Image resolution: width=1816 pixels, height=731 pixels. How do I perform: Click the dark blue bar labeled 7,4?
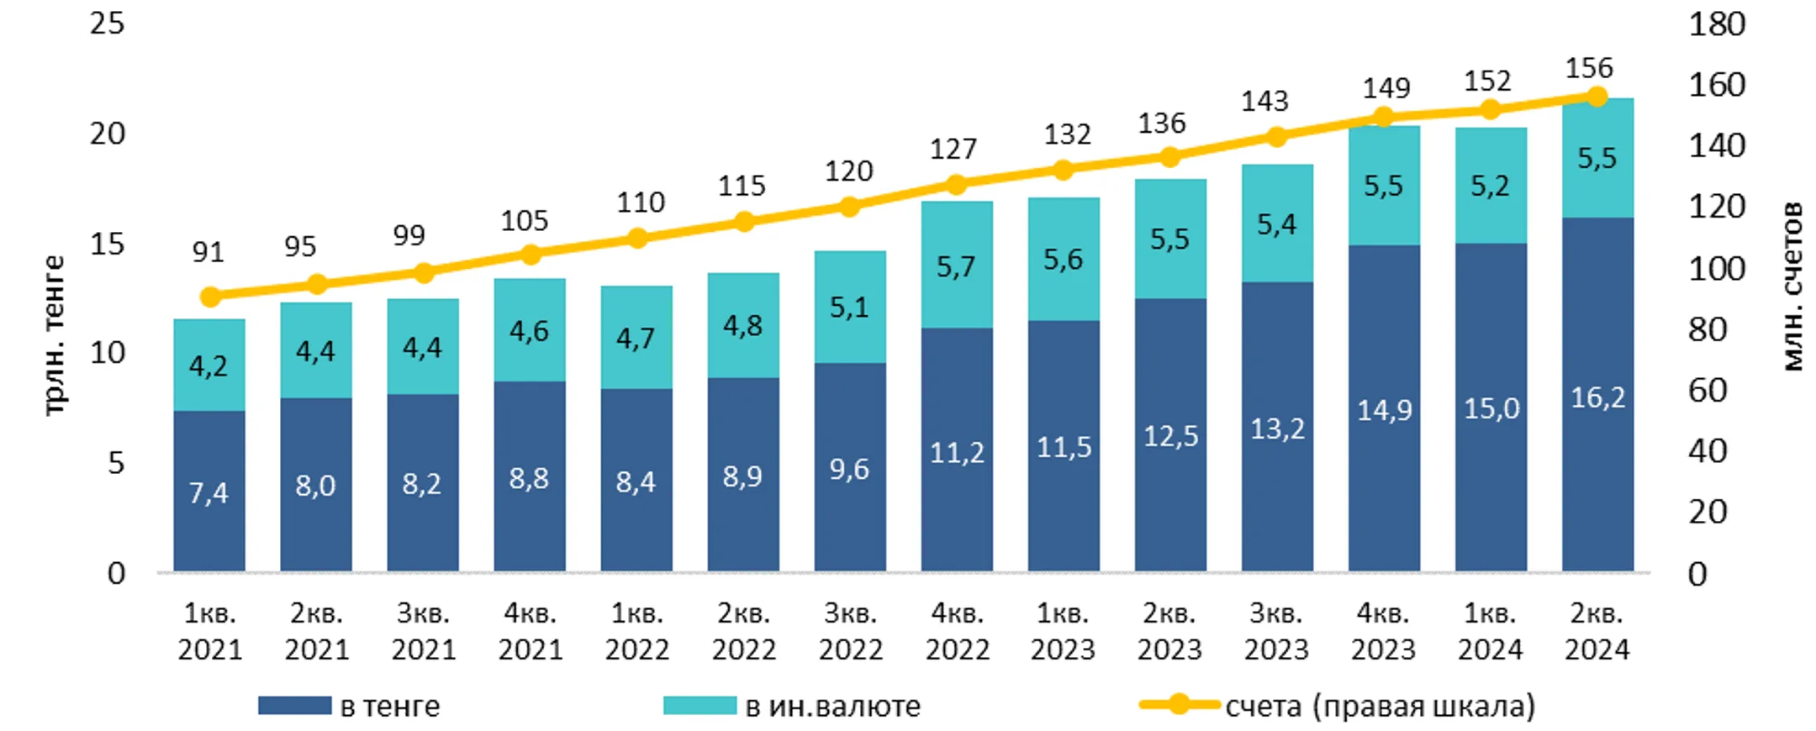click(x=209, y=491)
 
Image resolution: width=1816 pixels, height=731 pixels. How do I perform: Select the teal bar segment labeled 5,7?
click(x=957, y=265)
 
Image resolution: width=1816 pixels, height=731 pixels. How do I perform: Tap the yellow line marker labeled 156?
click(x=1597, y=97)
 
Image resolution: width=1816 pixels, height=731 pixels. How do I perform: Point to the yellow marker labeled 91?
click(x=210, y=297)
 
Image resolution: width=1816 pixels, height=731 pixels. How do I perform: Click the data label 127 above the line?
click(x=953, y=150)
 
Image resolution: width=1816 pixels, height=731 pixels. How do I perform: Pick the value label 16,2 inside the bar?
click(x=1598, y=397)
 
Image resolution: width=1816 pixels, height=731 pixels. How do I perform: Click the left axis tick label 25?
click(x=108, y=24)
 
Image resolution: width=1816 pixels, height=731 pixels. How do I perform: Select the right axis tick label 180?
click(x=1717, y=24)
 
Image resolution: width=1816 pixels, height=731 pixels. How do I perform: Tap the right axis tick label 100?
click(x=1717, y=269)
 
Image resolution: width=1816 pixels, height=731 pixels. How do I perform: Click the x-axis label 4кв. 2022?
click(x=957, y=632)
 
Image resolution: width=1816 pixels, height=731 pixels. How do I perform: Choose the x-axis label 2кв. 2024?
click(x=1597, y=632)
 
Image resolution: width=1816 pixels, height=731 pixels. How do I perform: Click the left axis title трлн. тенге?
click(x=52, y=335)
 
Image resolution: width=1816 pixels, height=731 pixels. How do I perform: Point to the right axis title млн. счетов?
click(x=1792, y=287)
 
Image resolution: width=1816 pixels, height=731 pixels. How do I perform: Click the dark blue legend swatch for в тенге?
click(x=294, y=706)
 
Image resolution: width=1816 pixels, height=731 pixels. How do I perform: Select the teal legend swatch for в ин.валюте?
click(x=699, y=706)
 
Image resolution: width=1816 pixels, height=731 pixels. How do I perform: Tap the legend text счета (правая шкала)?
click(x=1380, y=706)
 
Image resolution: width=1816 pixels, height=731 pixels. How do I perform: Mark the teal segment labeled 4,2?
click(x=209, y=365)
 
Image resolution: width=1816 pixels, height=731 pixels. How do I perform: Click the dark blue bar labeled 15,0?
click(x=1491, y=408)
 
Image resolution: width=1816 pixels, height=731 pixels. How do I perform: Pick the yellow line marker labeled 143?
click(x=1277, y=136)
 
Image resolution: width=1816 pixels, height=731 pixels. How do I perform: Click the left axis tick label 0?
click(x=117, y=574)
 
